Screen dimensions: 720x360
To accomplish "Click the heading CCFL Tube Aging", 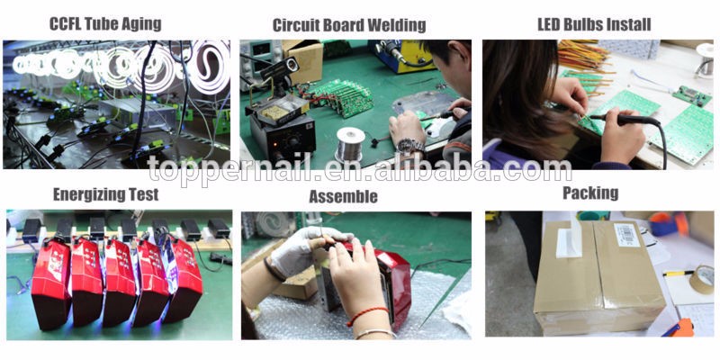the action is coord(105,24).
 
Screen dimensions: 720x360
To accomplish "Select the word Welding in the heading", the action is coord(397,25).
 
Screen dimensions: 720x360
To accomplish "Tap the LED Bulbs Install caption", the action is coord(594,24).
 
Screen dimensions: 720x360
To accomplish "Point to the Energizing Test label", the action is coord(105,194).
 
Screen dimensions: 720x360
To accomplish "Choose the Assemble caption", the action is coord(344,196).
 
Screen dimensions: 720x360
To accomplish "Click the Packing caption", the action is coord(590,193).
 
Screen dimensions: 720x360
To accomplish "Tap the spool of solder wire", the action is coord(350,144).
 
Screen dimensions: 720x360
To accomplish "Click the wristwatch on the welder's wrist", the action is coord(410,147).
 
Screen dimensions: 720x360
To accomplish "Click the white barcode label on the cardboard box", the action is coord(626,235).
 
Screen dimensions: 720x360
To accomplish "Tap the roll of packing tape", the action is coord(702,279).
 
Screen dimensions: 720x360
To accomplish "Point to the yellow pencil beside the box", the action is coord(678,274).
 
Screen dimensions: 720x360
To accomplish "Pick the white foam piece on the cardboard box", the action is coord(570,238).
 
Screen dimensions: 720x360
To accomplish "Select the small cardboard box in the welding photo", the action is coord(303,61).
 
